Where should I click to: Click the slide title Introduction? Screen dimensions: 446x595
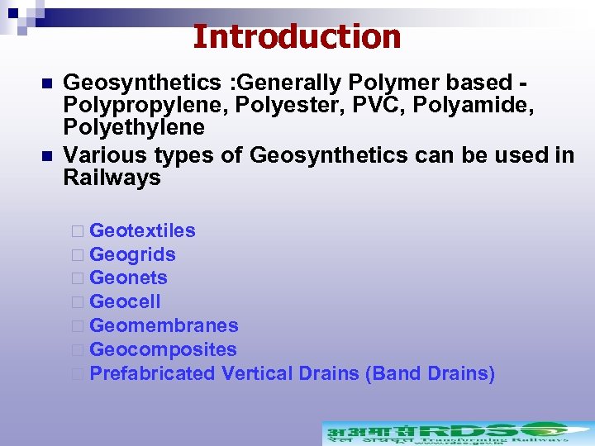click(297, 37)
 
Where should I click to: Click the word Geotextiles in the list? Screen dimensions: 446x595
click(142, 230)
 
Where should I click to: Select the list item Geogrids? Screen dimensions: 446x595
click(132, 254)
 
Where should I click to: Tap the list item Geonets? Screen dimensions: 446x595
click(128, 278)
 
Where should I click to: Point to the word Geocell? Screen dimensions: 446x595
click(125, 302)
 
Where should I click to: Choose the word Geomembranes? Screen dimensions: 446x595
click(164, 326)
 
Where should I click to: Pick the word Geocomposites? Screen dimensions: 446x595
click(163, 350)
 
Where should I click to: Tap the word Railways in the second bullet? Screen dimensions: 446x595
click(112, 178)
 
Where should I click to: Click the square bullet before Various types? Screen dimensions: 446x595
click(46, 155)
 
